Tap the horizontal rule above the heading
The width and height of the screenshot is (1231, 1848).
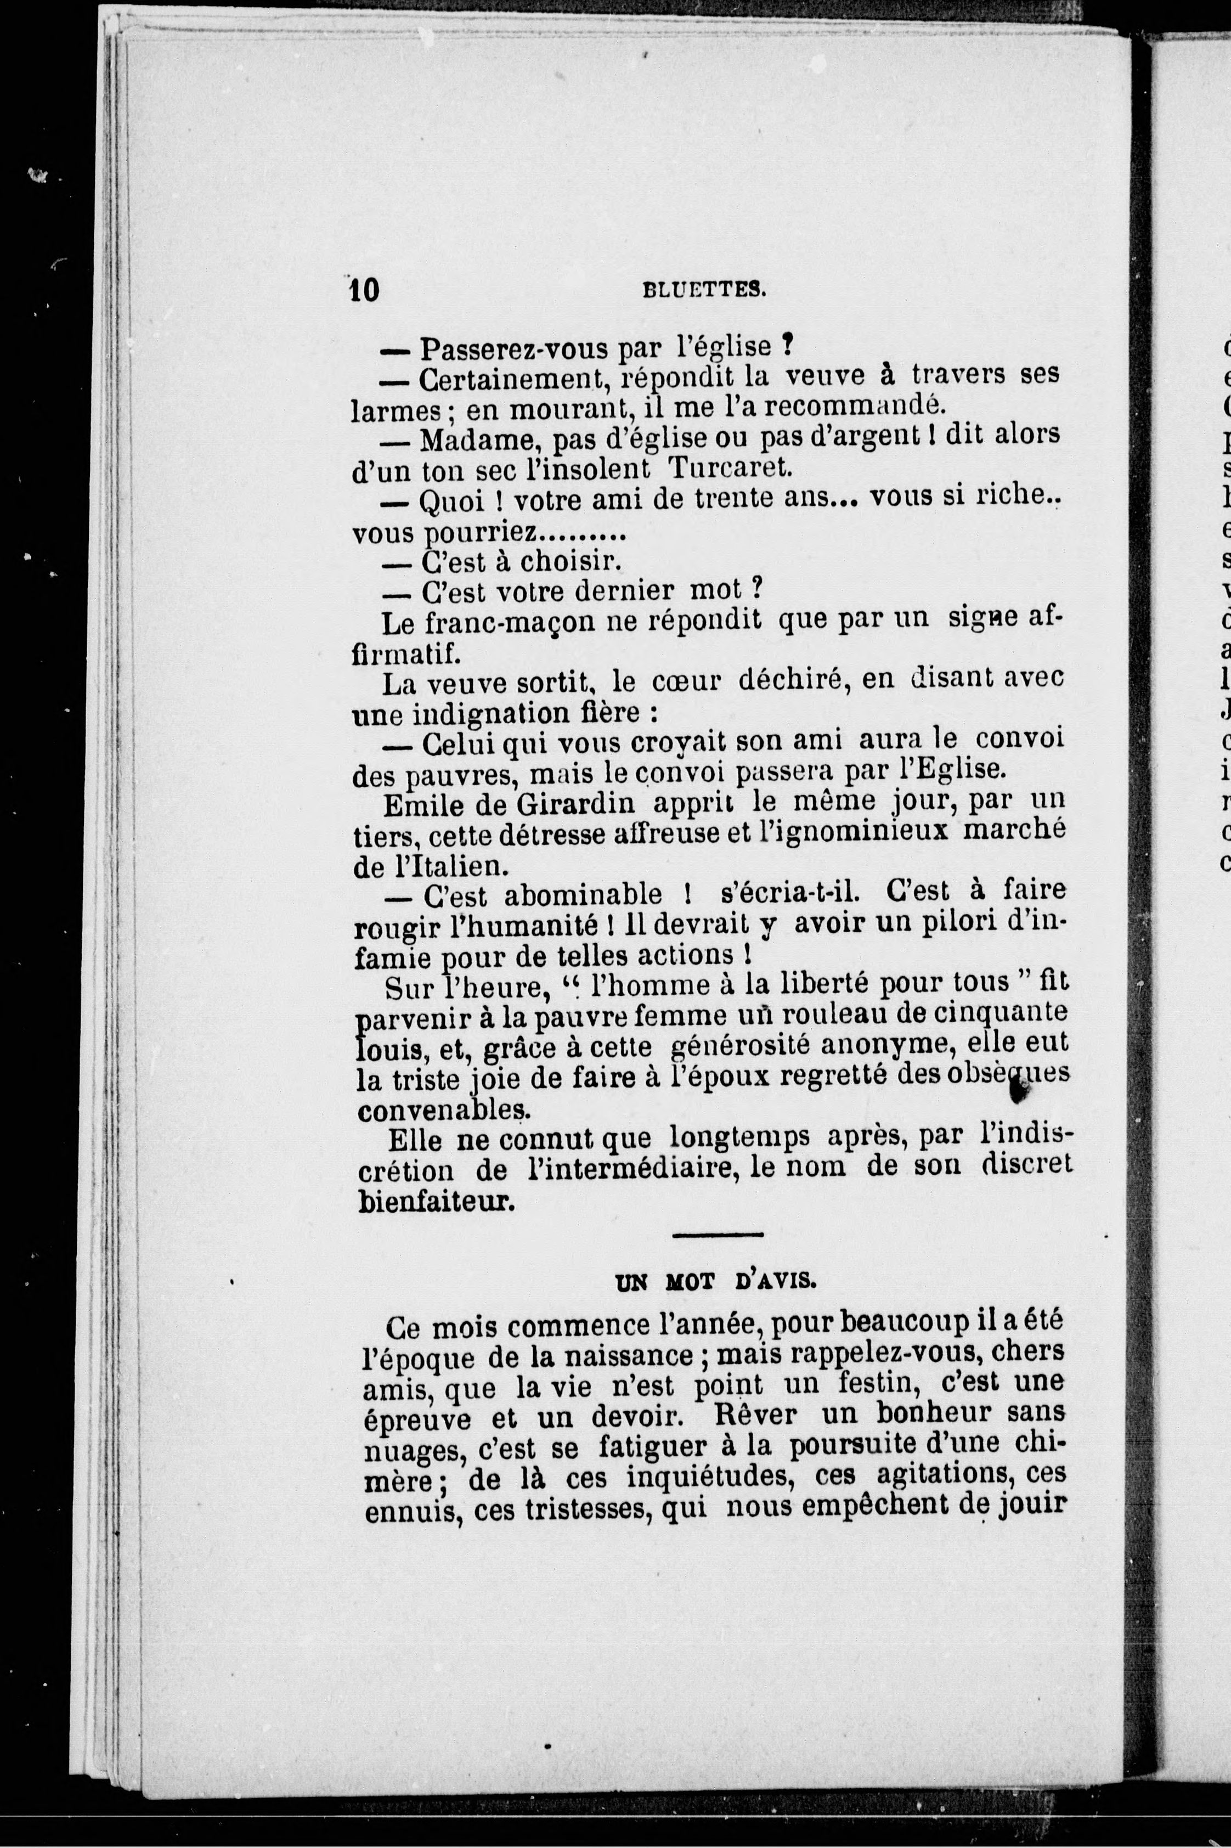click(x=718, y=1235)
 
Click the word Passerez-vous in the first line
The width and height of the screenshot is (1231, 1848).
click(x=514, y=347)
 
